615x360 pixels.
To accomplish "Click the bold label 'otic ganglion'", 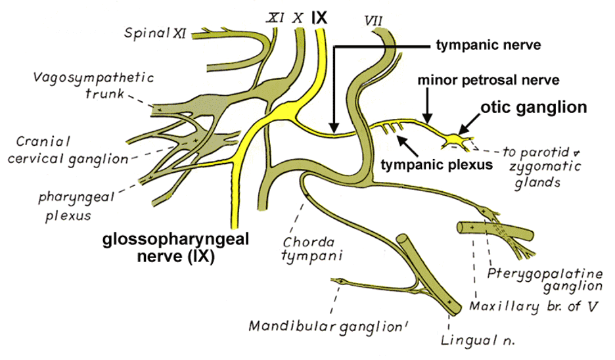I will (534, 107).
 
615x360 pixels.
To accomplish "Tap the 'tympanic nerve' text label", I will (488, 46).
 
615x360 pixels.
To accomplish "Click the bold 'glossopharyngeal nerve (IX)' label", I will (176, 248).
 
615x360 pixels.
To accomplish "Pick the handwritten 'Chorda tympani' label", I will (303, 248).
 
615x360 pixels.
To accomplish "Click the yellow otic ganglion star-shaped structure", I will (454, 139).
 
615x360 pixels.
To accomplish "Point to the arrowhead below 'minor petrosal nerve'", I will (427, 118).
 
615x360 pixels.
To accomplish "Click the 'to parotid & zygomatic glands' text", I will (532, 167).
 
